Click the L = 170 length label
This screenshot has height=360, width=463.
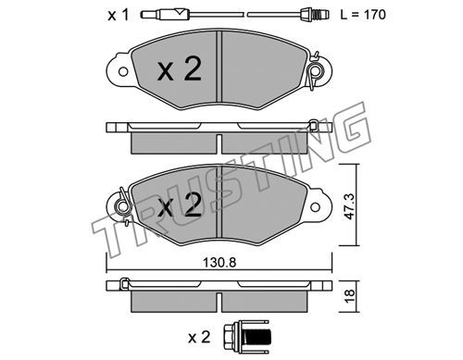coord(363,15)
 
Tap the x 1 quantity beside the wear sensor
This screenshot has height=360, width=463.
coord(118,15)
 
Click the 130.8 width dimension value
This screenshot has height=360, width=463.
coord(219,263)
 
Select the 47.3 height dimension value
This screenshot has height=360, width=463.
coord(350,206)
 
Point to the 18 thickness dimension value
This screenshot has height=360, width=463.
coord(350,296)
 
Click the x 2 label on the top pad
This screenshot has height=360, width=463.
coord(180,69)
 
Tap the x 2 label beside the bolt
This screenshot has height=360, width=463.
coord(199,338)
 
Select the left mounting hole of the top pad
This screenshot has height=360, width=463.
coord(123,72)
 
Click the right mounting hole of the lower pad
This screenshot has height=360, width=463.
coord(315,207)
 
